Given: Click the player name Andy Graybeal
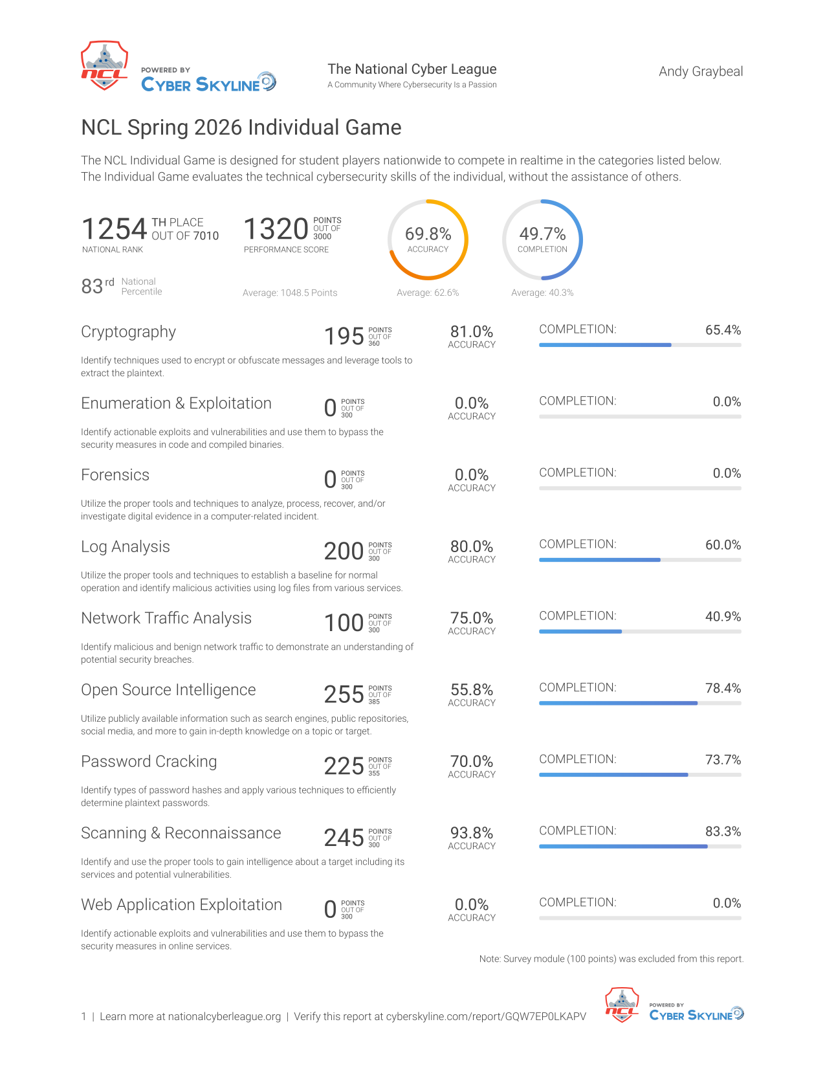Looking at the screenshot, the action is point(700,72).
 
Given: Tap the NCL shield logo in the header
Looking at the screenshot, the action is point(104,65).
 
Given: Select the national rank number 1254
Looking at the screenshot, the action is point(114,229).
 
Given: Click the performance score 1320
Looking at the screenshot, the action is point(276,229).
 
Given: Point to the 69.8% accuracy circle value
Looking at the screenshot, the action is point(428,234).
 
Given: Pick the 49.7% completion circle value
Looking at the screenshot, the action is point(542,234).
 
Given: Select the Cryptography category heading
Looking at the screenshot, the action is point(128,332).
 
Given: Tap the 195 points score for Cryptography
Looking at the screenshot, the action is point(344,337).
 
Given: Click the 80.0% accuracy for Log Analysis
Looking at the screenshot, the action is point(471,546).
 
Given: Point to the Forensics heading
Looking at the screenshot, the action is point(115,475).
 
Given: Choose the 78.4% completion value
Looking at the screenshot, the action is point(723,688).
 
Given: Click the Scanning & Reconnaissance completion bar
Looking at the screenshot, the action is point(640,847).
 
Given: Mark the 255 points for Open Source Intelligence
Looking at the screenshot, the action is point(344,695).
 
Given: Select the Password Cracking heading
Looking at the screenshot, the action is point(149,761).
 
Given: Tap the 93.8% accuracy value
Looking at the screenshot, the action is point(471,833).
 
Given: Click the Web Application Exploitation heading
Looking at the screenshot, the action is point(181,905).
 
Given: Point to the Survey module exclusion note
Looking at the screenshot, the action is point(611,959).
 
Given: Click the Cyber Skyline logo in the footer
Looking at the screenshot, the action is point(696,1013).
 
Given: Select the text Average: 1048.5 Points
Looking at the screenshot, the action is point(290,293).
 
